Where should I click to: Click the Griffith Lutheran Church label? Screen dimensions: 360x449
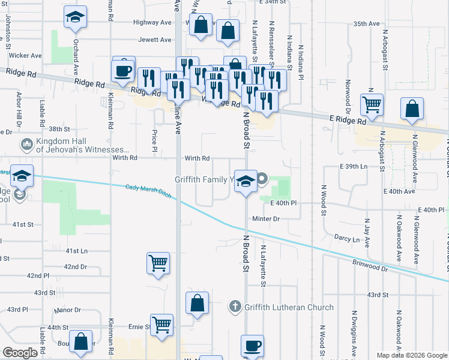click(x=289, y=308)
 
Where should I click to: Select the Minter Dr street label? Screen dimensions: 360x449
click(x=266, y=219)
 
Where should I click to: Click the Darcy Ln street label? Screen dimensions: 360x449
click(x=347, y=239)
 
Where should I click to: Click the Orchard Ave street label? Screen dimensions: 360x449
click(x=76, y=53)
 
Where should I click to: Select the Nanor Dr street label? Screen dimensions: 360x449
click(x=67, y=310)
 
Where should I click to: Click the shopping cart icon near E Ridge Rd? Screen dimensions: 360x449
click(x=372, y=104)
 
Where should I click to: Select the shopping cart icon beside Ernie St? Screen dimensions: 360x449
click(x=161, y=325)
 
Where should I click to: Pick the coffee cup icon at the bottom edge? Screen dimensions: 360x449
click(x=252, y=346)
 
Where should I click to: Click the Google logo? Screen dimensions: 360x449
click(x=20, y=352)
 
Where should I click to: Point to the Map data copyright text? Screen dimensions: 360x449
click(x=411, y=355)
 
